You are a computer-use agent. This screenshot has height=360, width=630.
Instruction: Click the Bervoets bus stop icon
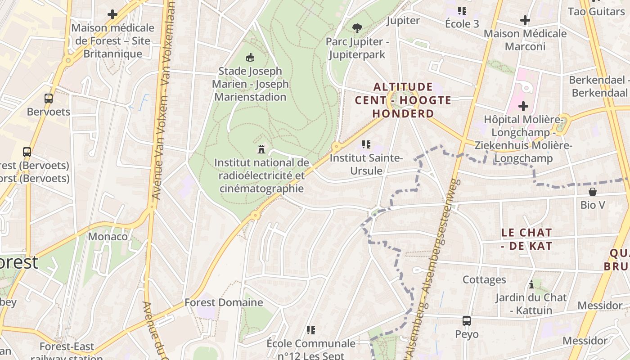(x=48, y=98)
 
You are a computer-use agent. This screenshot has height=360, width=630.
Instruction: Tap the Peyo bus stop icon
(x=467, y=321)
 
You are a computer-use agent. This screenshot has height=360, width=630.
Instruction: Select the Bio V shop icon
(x=593, y=192)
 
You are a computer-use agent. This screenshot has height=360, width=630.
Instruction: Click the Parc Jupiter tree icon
(x=357, y=28)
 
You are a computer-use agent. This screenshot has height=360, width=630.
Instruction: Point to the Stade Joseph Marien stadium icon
(x=250, y=57)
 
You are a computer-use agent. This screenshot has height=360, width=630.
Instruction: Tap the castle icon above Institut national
(x=261, y=149)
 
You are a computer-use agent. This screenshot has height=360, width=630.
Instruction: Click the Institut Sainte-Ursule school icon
(x=366, y=144)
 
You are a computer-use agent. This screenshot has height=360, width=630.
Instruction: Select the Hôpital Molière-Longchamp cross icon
(x=523, y=106)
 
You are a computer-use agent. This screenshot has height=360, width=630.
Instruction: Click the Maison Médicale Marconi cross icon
(x=525, y=20)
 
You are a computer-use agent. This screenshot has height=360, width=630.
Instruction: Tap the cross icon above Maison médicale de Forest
(x=112, y=14)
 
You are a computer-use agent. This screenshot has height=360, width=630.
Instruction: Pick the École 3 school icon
(x=462, y=10)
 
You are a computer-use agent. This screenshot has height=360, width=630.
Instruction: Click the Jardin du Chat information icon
(x=531, y=284)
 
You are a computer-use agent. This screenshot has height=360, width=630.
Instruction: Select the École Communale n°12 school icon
(x=310, y=330)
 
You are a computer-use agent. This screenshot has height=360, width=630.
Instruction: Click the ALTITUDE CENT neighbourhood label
(x=403, y=100)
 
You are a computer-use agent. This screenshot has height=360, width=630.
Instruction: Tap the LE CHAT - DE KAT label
(x=526, y=239)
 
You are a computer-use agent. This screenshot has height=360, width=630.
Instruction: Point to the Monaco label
(x=108, y=236)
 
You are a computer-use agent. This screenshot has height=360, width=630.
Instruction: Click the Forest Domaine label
(x=224, y=302)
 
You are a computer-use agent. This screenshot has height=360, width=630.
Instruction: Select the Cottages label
(x=484, y=280)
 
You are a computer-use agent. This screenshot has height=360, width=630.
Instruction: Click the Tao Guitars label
(x=596, y=11)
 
